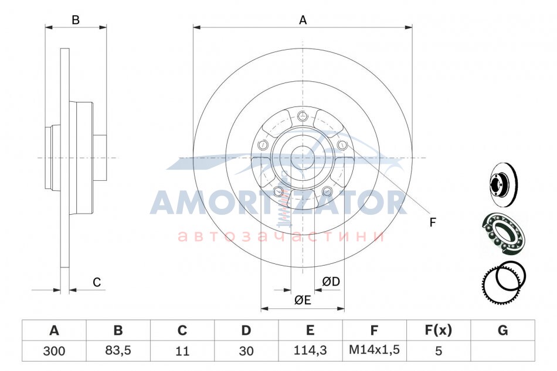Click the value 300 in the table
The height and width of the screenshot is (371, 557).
(x=54, y=351)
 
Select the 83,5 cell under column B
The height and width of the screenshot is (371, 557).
(x=118, y=351)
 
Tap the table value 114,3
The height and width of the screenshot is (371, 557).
(x=310, y=351)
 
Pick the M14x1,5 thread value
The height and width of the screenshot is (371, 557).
(x=374, y=350)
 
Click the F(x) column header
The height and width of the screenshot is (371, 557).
(x=439, y=330)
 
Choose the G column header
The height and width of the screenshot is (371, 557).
(x=502, y=330)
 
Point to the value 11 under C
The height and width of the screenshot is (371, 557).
(x=182, y=351)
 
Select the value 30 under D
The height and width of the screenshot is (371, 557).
(x=246, y=351)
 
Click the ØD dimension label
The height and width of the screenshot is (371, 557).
(x=331, y=281)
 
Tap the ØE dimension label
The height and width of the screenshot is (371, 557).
(x=303, y=300)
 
